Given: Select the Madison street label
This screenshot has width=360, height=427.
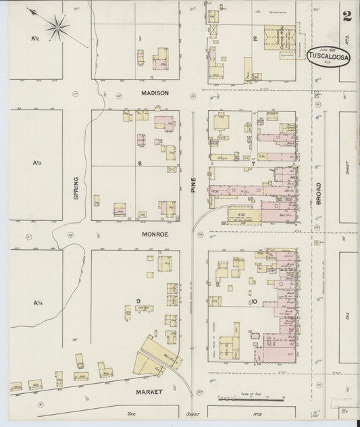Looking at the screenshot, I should [x=154, y=93].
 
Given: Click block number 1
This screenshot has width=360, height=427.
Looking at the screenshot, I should [x=139, y=39].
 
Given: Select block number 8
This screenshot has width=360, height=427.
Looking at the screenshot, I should [x=139, y=164].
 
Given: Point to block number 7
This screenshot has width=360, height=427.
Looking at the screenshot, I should [x=253, y=164].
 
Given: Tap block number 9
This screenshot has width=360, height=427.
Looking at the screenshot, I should [x=138, y=301].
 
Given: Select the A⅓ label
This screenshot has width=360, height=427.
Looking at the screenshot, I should [x=36, y=163].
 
